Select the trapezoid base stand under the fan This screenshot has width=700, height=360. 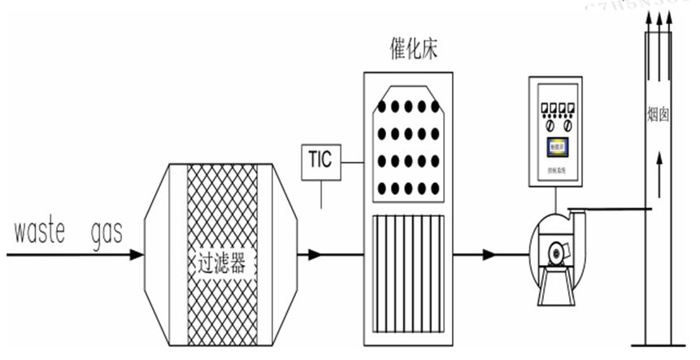[x=558, y=287]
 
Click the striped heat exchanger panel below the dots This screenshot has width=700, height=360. [x=409, y=271]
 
